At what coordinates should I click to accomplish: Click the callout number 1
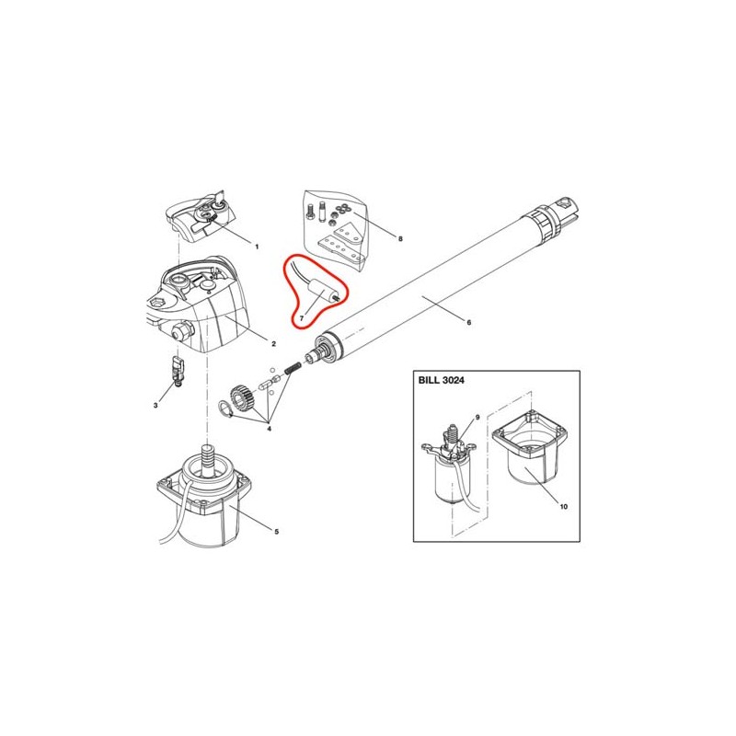coord(257,247)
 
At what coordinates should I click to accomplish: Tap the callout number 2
coord(273,344)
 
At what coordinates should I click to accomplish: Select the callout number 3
coord(155,405)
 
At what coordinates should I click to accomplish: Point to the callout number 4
coord(269,428)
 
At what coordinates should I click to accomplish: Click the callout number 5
coord(277,532)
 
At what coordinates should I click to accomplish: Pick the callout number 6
coord(468,323)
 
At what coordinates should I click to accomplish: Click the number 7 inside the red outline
coord(302,317)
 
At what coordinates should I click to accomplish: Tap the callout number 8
coord(400,238)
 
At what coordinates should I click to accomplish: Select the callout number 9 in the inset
coord(477,418)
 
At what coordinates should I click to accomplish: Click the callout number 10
coord(564,507)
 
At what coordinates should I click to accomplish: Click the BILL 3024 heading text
coord(442,380)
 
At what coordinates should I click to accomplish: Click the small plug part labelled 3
coord(178,371)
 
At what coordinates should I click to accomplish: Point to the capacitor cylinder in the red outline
coord(321,291)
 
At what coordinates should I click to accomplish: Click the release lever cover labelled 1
coord(200,218)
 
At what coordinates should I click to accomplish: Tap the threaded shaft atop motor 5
coord(206,456)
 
